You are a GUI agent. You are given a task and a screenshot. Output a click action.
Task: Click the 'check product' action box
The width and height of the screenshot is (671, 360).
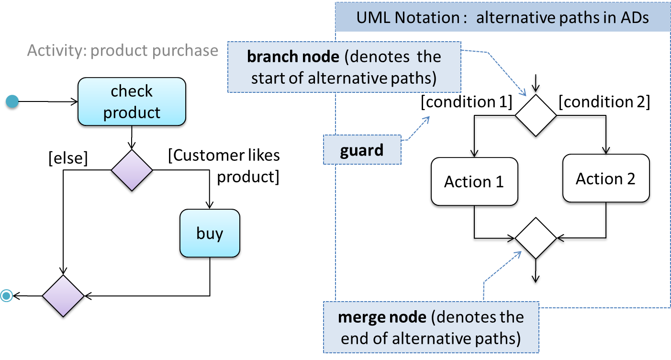132,101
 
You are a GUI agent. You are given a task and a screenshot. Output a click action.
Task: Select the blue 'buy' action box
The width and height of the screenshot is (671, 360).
210,233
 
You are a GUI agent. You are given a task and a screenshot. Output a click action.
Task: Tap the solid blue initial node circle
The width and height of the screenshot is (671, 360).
12,101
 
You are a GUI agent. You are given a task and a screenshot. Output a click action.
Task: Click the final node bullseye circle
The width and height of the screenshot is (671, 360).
6,296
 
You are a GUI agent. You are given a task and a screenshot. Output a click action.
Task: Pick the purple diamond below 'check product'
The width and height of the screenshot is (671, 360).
132,170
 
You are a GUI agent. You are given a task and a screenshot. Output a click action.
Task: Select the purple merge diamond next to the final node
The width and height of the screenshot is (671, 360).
63,296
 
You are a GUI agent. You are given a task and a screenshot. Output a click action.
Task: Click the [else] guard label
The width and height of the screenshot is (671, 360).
68,158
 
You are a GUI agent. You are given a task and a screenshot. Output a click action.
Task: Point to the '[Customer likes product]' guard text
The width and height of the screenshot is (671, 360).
224,166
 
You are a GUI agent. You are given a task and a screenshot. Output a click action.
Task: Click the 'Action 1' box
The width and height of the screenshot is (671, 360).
474,181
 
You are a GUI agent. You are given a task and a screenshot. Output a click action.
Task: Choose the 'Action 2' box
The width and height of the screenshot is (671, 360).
606,179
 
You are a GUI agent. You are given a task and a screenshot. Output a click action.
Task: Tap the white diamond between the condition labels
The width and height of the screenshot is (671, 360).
536,115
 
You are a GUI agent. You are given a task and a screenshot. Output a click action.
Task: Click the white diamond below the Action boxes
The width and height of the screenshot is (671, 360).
536,238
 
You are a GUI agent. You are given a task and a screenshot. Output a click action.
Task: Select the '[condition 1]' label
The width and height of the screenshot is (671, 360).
467,102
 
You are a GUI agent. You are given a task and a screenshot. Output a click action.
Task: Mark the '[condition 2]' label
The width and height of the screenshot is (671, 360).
604,102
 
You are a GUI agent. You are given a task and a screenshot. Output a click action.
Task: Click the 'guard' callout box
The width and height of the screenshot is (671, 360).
362,149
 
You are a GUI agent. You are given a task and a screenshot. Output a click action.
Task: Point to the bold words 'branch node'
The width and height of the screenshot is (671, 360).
293,56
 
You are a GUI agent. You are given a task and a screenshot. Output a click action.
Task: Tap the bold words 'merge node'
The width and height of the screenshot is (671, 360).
382,317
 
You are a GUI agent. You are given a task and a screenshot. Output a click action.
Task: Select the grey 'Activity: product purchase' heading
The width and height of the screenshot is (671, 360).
123,50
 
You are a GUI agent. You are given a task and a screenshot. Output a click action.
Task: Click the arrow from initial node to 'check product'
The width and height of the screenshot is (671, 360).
48,101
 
